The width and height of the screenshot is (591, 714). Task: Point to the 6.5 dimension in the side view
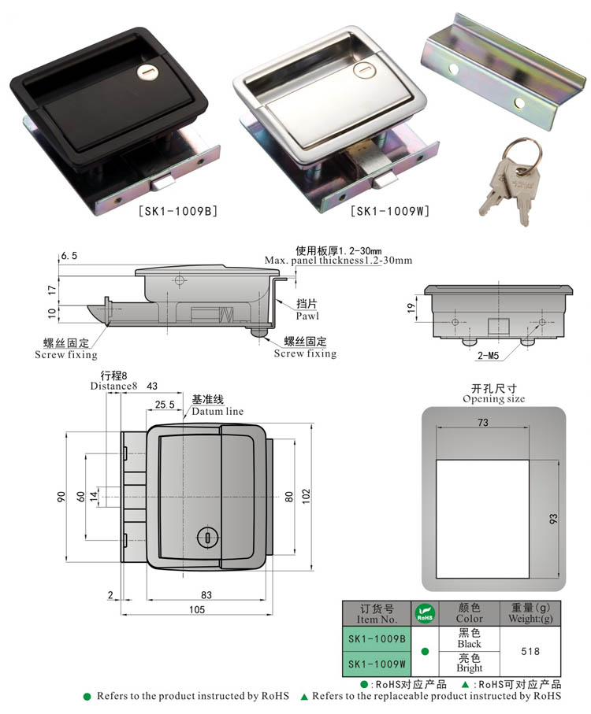coord(69,257)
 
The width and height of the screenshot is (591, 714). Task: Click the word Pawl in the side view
coord(307,315)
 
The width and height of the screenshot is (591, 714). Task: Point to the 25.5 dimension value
coord(165,404)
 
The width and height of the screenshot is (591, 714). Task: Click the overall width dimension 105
coord(196,609)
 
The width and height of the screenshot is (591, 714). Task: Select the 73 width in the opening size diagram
coord(483,423)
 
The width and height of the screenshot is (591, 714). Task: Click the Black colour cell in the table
coord(469,638)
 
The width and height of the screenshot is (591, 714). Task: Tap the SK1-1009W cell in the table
coord(376,664)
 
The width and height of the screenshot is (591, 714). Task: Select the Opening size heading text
coord(493,399)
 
